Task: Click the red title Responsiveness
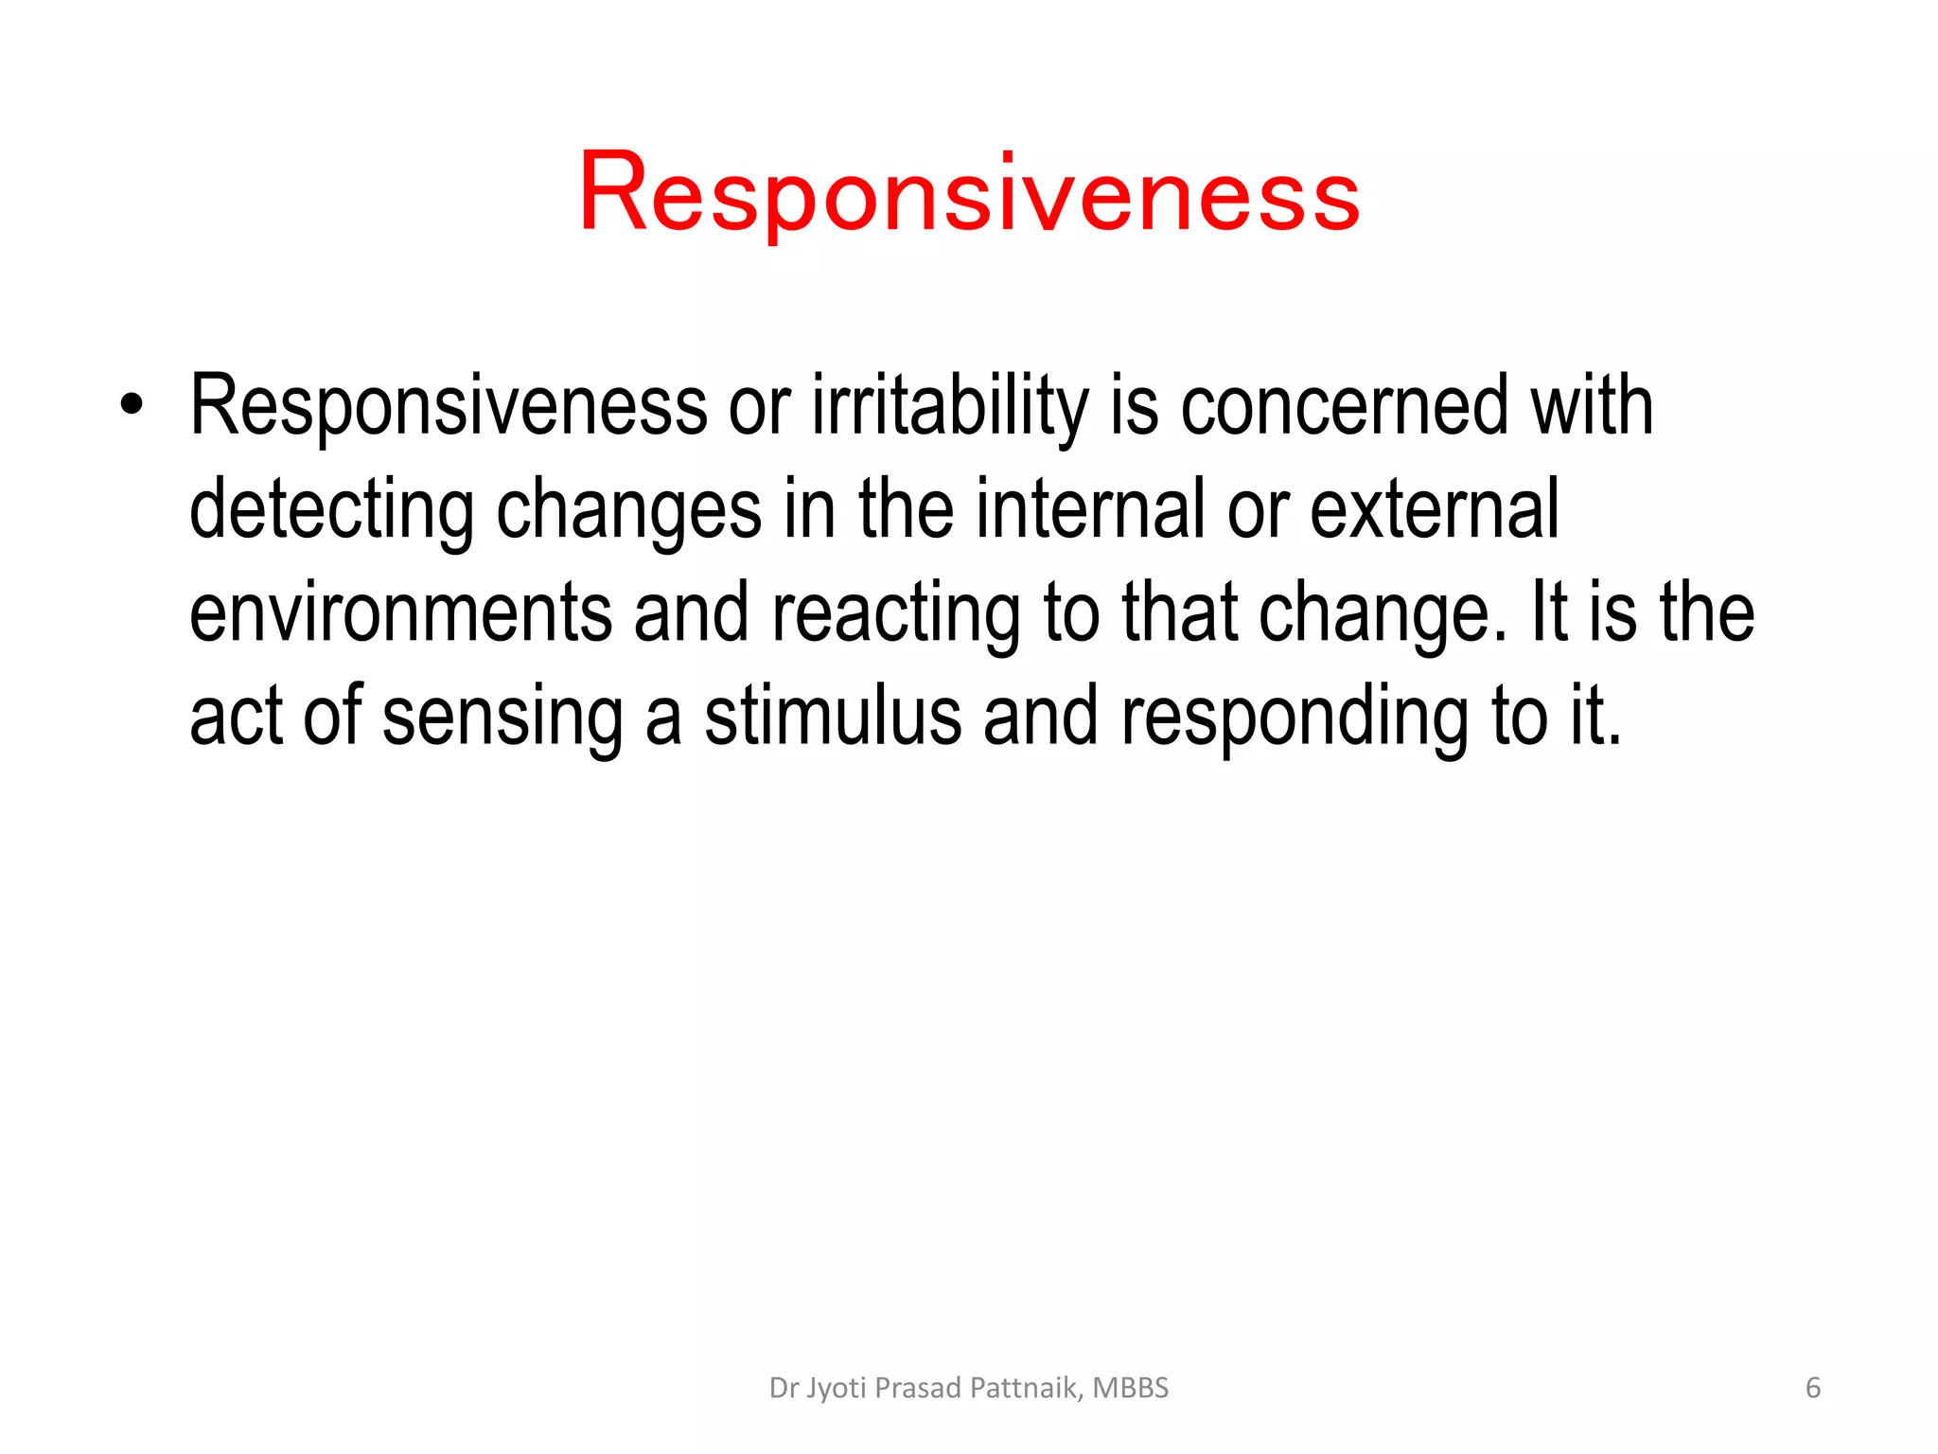tap(969, 194)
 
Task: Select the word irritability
tap(950, 407)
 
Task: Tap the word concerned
tap(1344, 407)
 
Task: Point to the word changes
tap(628, 511)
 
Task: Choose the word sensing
tap(502, 718)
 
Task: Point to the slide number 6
tap(1812, 1388)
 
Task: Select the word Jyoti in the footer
tap(837, 1389)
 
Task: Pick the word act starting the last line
tap(236, 718)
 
